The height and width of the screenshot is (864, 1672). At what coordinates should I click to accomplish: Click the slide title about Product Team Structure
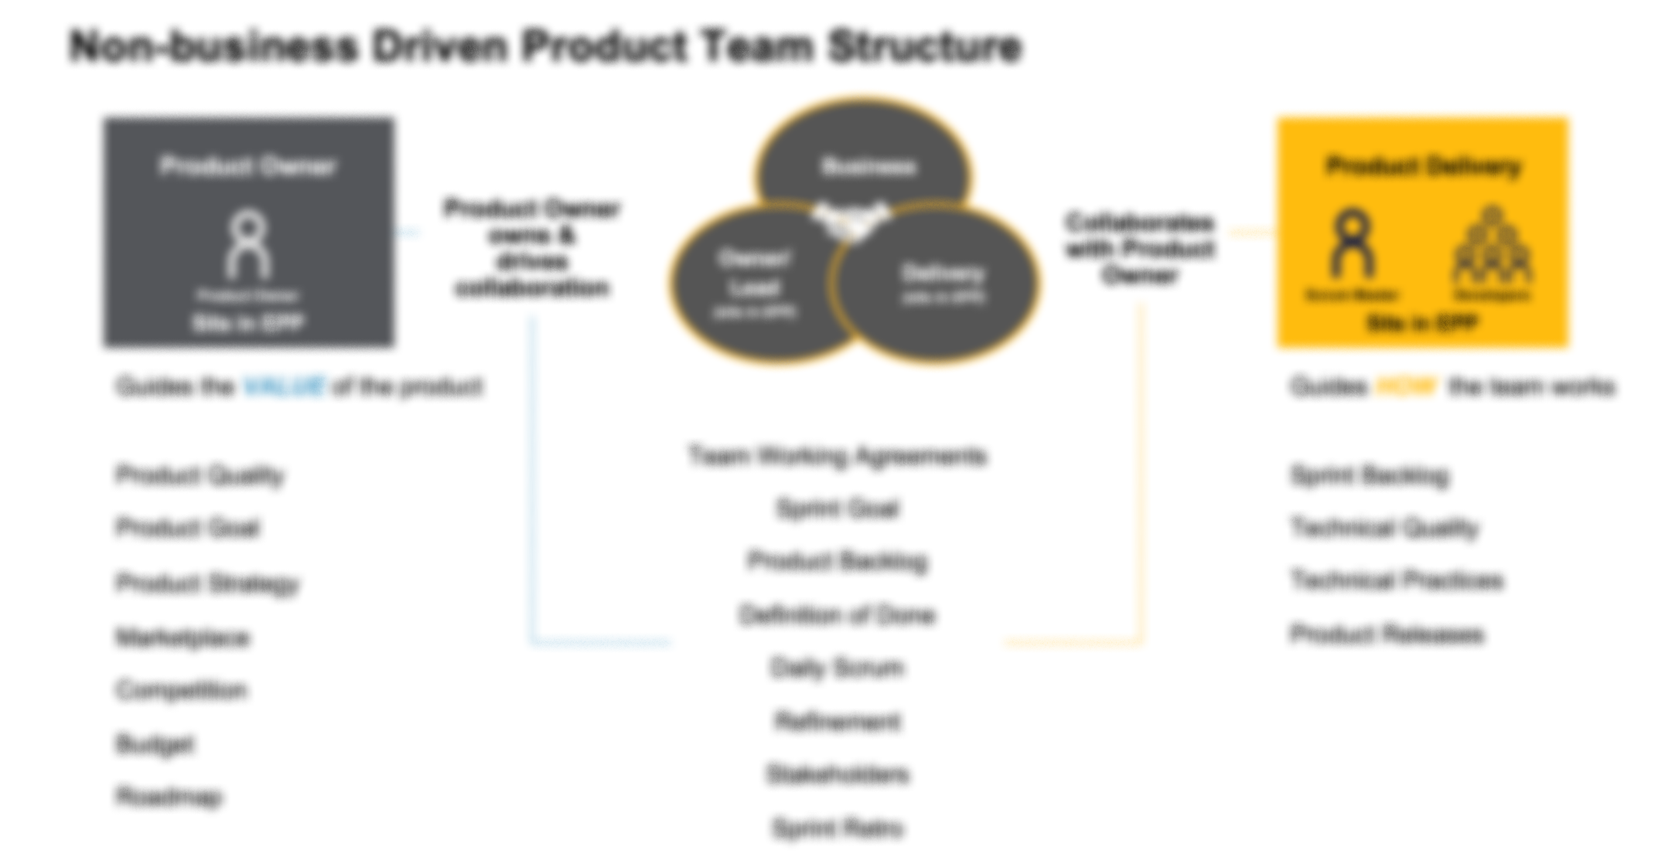545,46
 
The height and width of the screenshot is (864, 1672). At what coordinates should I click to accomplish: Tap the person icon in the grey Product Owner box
248,245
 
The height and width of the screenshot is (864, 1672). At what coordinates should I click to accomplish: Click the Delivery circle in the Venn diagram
943,282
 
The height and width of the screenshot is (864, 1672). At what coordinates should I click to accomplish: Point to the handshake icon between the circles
851,219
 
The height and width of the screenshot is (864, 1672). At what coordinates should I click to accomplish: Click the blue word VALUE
284,386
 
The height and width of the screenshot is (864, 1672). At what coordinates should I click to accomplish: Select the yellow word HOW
1407,386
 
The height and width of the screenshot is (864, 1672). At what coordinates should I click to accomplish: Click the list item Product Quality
200,475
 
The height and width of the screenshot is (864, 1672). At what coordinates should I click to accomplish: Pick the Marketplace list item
183,638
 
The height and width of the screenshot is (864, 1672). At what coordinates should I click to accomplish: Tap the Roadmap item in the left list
169,797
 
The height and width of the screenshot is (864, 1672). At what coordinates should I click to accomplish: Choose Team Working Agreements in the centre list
838,457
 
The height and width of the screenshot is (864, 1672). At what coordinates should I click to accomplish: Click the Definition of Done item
838,616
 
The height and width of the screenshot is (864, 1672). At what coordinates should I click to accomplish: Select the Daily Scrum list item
838,668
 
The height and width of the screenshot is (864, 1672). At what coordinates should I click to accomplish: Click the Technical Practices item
1397,580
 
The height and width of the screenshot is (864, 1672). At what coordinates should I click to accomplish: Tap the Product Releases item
1387,634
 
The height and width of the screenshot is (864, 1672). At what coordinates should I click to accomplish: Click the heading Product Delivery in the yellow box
1423,166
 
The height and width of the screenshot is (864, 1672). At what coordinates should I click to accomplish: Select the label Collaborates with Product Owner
1140,248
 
